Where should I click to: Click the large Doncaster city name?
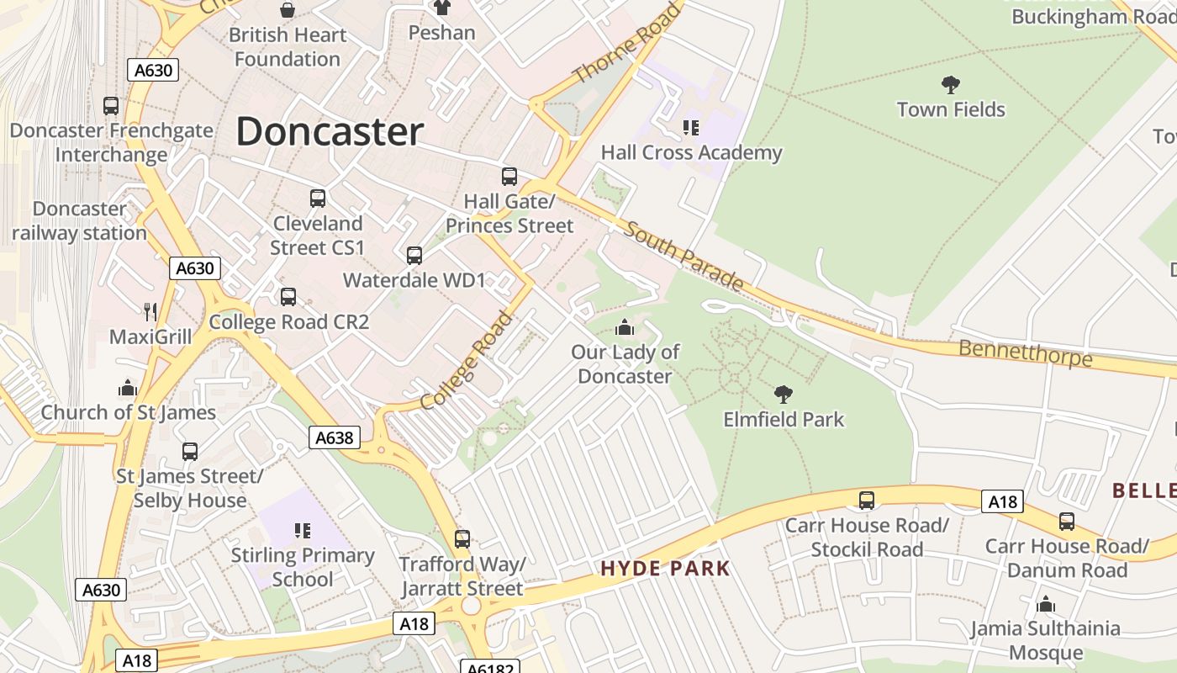(x=329, y=132)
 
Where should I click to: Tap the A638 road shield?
(x=334, y=437)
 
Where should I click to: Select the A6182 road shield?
(x=490, y=666)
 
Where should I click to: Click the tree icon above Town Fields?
(x=951, y=84)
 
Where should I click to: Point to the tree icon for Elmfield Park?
(x=784, y=394)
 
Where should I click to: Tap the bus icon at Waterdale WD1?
(x=414, y=256)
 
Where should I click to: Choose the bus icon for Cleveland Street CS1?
(x=317, y=199)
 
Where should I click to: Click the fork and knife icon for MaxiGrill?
(x=150, y=312)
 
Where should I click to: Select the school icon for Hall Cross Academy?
(x=691, y=128)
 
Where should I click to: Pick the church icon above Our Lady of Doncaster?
(x=625, y=327)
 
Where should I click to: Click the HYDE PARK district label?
(x=665, y=569)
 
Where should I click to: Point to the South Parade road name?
(x=684, y=256)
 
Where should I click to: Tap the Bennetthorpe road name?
(x=1026, y=353)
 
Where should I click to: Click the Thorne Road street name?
(x=625, y=44)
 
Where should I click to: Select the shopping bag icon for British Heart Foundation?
(x=288, y=10)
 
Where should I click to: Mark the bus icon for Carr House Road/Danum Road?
(x=1066, y=522)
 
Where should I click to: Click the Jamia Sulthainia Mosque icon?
(x=1046, y=604)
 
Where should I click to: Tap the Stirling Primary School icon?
(x=303, y=531)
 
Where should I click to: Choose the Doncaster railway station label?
(x=79, y=220)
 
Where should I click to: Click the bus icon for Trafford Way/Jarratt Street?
(x=462, y=539)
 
